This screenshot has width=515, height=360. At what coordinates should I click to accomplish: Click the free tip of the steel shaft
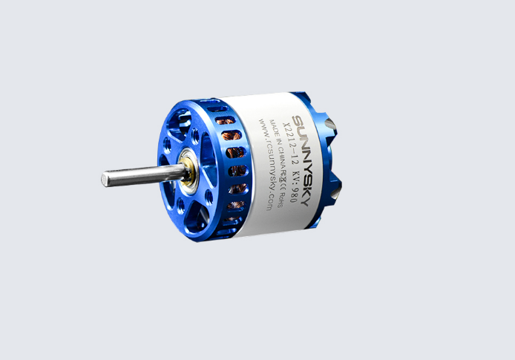105,178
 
